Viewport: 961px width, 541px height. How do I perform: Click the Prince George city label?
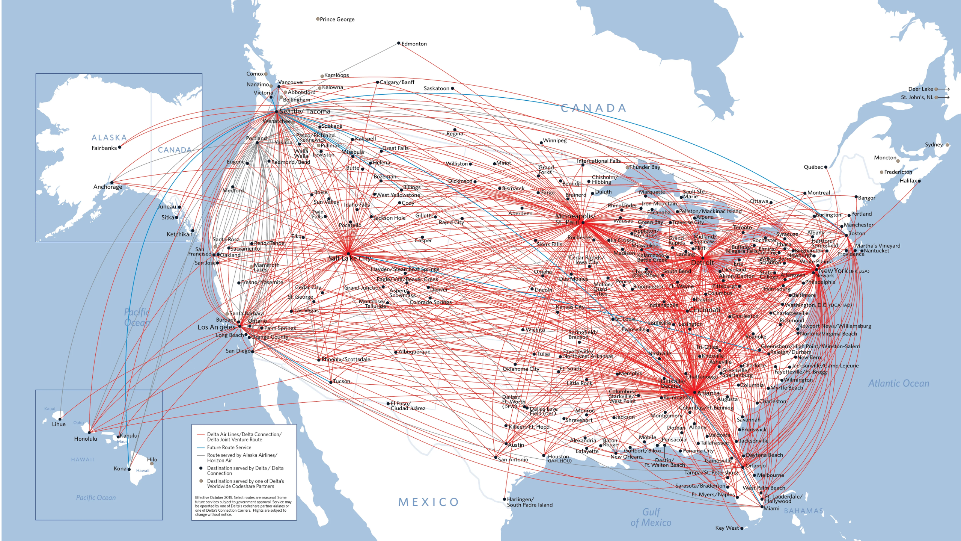point(337,19)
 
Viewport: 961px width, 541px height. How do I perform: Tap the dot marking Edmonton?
point(399,43)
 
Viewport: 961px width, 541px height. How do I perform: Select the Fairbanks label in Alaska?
point(104,148)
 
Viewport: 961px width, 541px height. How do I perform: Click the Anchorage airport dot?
point(112,183)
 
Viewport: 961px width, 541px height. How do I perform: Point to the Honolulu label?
point(86,439)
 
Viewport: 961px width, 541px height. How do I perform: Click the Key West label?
point(727,528)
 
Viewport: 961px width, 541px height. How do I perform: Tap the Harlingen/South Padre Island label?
point(529,502)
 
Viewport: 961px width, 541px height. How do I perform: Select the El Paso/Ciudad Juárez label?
point(408,406)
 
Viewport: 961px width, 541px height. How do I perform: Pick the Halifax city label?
point(908,181)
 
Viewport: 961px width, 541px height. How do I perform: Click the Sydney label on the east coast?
point(934,145)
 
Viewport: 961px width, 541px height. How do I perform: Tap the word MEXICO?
point(428,502)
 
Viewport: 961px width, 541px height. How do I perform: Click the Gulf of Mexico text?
point(651,517)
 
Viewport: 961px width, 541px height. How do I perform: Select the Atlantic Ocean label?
point(898,383)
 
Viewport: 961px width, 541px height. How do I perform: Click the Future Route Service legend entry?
point(229,447)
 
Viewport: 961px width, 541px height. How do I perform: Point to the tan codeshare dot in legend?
point(201,481)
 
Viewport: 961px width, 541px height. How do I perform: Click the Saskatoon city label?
point(436,88)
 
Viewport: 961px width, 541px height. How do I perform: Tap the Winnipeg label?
point(554,141)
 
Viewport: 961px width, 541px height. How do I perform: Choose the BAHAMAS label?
point(803,511)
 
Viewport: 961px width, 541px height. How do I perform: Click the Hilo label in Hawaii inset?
point(152,459)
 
